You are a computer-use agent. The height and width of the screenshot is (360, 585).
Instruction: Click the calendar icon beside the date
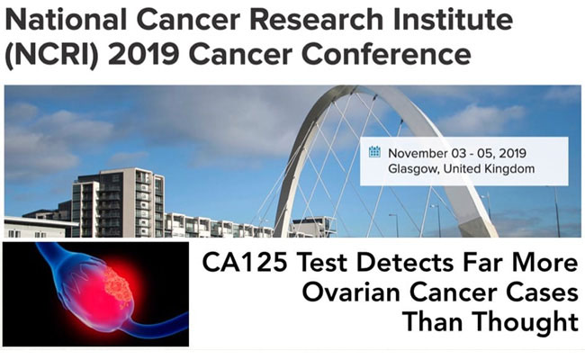click(x=375, y=151)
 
